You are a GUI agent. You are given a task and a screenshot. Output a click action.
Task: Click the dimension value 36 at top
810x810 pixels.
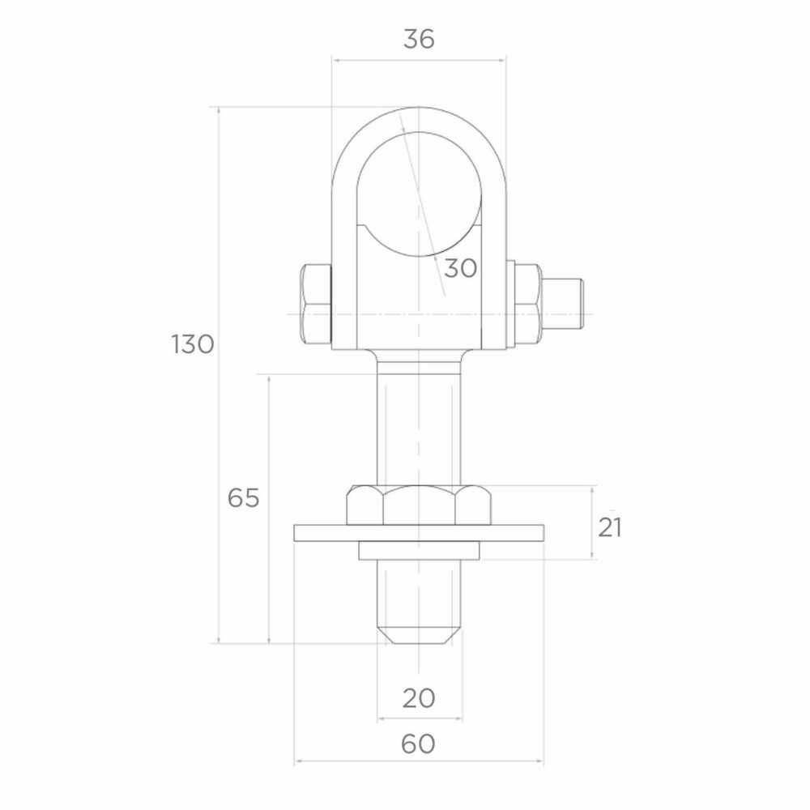419,39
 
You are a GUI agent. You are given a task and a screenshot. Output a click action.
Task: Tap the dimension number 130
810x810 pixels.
192,344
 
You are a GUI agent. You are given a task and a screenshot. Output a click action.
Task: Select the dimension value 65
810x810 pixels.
243,498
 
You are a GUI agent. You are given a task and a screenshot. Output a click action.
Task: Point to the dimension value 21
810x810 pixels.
610,527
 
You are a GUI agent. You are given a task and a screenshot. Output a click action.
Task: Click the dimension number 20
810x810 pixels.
419,698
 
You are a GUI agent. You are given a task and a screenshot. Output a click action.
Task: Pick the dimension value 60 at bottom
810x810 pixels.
418,744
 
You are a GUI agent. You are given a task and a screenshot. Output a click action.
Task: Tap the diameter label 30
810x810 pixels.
460,269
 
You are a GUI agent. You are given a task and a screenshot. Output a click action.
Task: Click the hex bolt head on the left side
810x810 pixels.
316,305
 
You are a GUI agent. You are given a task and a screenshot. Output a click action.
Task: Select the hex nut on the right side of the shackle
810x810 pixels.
528,305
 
